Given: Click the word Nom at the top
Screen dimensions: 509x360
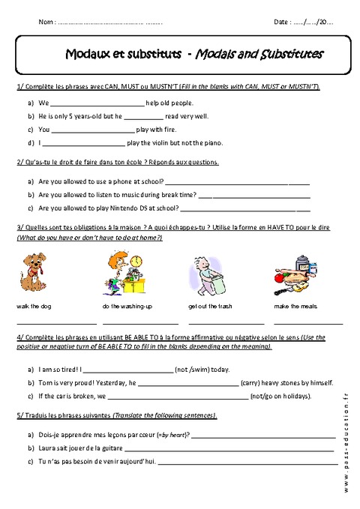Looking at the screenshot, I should pos(46,23).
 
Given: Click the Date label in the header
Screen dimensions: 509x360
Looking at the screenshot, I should pos(283,23).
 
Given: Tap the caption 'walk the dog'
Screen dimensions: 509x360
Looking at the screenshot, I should pos(32,307).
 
